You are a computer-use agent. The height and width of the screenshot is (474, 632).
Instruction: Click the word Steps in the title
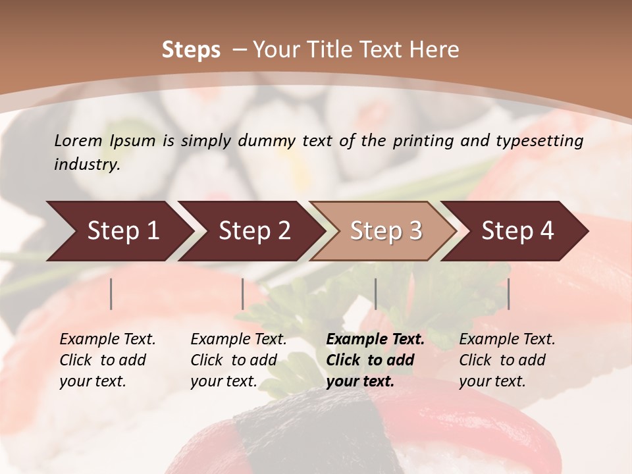pyautogui.click(x=191, y=50)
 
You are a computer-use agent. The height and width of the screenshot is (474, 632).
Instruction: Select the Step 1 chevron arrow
pyautogui.click(x=119, y=231)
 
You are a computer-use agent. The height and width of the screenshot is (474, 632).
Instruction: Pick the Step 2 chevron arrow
pyautogui.click(x=253, y=231)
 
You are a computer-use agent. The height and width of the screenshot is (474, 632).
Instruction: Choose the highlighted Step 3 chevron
pyautogui.click(x=385, y=231)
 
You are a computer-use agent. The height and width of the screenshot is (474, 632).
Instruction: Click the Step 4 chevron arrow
pyautogui.click(x=517, y=231)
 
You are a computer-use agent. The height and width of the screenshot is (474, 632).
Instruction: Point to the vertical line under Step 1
pyautogui.click(x=111, y=294)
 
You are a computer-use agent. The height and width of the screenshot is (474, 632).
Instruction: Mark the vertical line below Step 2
pyautogui.click(x=243, y=294)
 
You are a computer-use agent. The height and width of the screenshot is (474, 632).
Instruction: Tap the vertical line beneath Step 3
pyautogui.click(x=375, y=294)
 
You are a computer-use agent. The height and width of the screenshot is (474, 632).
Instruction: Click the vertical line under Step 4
pyautogui.click(x=508, y=294)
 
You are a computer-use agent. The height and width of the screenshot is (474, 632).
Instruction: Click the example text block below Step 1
pyautogui.click(x=107, y=359)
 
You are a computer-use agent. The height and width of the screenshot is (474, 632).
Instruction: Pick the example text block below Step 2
pyautogui.click(x=238, y=359)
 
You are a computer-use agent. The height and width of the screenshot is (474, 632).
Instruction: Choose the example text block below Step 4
pyautogui.click(x=507, y=359)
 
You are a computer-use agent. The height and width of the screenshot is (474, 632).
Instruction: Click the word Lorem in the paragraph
pyautogui.click(x=78, y=140)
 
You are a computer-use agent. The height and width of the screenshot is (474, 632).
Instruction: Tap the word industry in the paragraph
pyautogui.click(x=86, y=164)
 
